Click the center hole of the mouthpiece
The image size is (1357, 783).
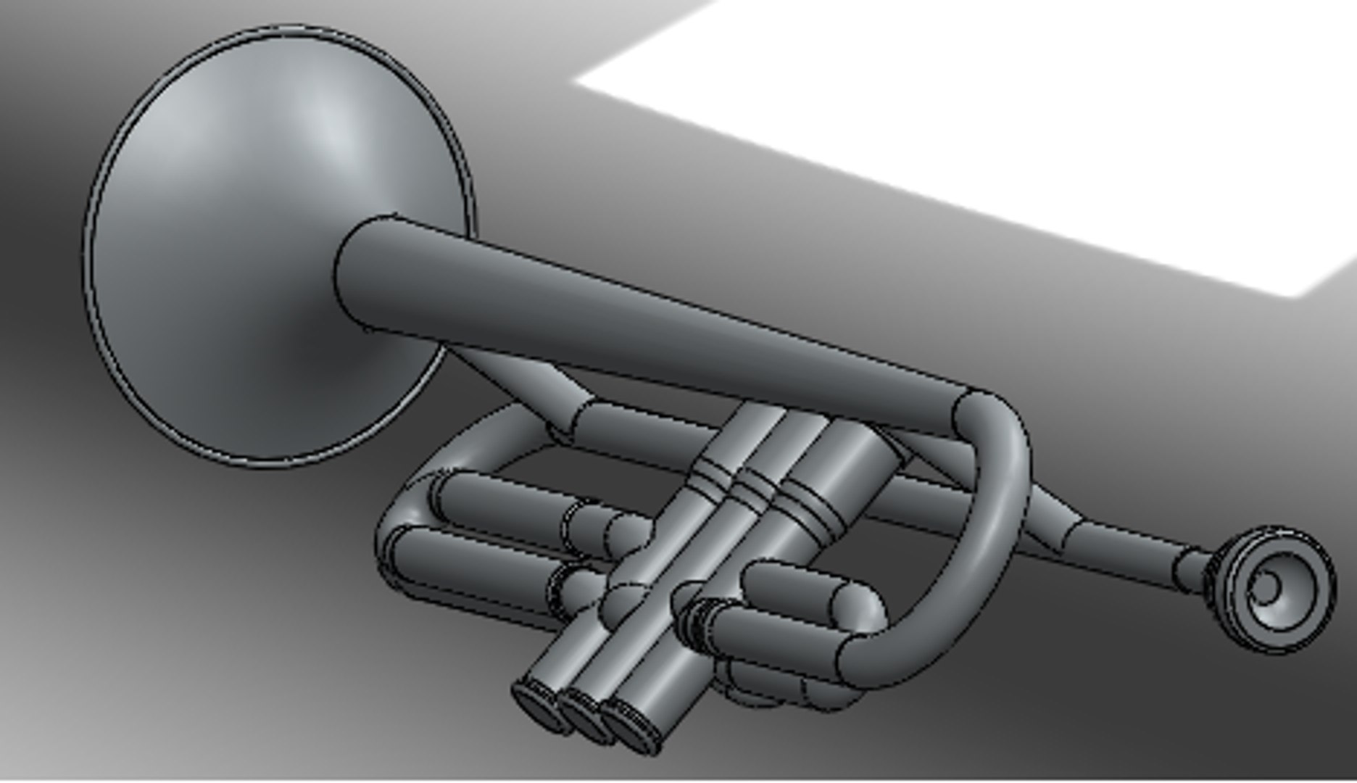1268,585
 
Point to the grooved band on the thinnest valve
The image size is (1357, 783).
710,476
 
